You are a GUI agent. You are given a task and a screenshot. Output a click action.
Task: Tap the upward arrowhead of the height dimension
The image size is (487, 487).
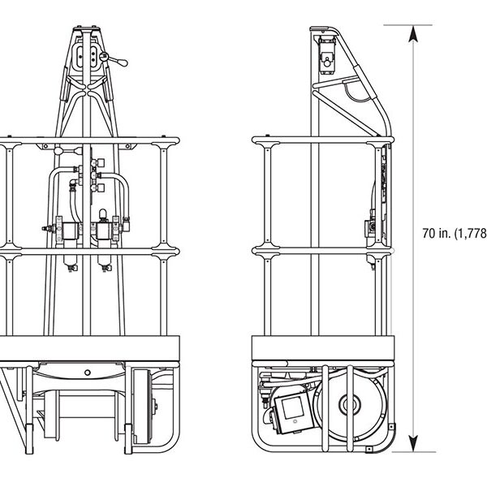pyautogui.click(x=414, y=33)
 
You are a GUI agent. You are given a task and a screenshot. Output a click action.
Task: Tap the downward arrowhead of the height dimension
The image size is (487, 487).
pyautogui.click(x=414, y=442)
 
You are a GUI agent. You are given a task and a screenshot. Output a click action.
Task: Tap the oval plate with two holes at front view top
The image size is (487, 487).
pyautogui.click(x=85, y=57)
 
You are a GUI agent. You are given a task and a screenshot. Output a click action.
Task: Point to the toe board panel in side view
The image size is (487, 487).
pyautogui.click(x=322, y=347)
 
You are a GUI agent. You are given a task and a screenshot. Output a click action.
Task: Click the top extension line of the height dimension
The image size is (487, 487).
pyautogui.click(x=398, y=25)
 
